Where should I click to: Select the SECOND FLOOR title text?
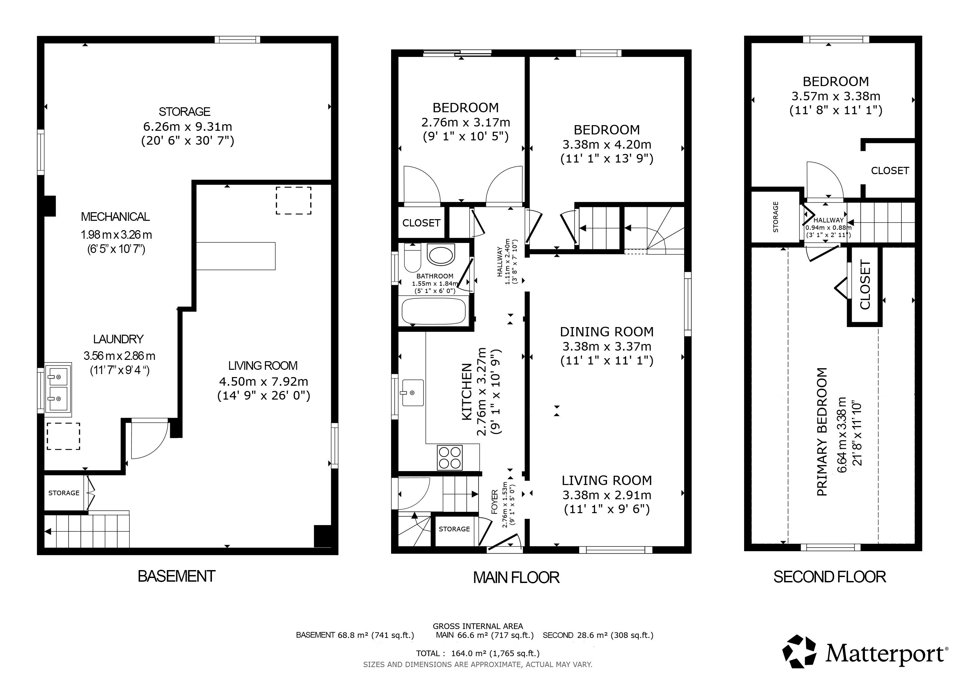pos(830,577)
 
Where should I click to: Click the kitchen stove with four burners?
pos(450,457)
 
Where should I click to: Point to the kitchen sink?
pos(412,393)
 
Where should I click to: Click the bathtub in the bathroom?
pos(433,311)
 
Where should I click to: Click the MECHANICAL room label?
pos(115,217)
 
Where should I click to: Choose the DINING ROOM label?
pos(606,332)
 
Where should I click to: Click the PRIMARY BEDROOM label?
pos(822,432)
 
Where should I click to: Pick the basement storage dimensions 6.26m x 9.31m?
pos(187,126)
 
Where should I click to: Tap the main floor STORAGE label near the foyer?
pos(454,529)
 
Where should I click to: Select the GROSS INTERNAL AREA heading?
pos(478,626)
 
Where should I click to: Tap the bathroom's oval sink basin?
pos(441,255)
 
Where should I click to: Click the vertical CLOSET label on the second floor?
pos(865,285)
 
